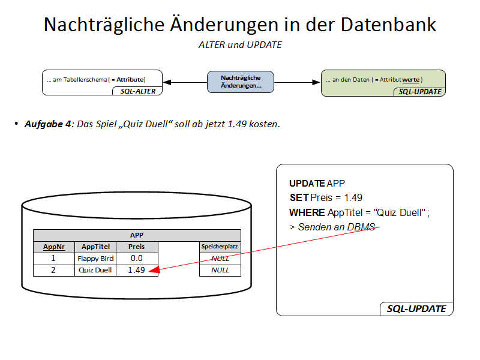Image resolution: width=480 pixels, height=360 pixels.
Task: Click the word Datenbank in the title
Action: point(388,25)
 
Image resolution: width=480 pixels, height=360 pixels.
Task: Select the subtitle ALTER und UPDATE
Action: point(240,45)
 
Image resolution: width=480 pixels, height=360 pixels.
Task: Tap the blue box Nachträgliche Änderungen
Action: point(241,82)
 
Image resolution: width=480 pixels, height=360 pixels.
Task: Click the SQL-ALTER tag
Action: point(137,91)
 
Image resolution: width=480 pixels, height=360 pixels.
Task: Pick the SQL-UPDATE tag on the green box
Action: point(419,92)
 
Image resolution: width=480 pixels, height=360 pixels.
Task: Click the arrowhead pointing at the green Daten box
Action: point(316,82)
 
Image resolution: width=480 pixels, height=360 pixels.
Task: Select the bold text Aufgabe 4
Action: point(48,124)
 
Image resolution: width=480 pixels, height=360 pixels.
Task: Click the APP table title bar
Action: point(137,235)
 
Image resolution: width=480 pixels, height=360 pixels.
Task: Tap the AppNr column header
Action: point(54,247)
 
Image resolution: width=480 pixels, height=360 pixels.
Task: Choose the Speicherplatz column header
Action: point(220,247)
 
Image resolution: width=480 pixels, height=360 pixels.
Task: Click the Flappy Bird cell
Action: point(95,259)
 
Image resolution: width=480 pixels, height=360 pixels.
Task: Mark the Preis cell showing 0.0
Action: point(137,259)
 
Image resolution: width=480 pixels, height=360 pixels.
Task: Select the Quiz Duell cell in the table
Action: point(95,271)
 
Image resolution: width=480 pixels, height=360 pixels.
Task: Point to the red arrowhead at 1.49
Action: point(154,269)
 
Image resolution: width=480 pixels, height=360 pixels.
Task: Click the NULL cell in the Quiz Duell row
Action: point(220,271)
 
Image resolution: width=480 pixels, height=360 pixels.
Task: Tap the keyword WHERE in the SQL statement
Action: point(307,212)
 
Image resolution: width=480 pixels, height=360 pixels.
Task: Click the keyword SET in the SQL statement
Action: point(299,198)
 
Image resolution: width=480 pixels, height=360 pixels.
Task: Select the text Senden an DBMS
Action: point(337,227)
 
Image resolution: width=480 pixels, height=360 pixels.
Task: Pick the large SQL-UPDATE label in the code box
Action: point(416,308)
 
